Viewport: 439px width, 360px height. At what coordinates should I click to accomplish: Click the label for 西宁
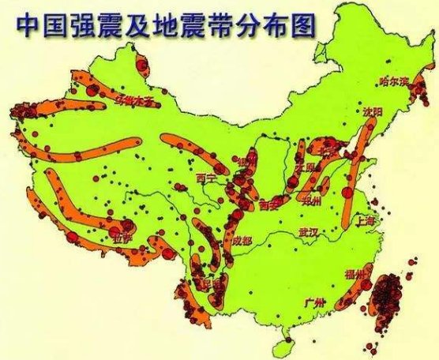206,178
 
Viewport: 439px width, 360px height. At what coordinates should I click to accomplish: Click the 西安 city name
268,204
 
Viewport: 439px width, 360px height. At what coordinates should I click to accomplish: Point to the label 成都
242,240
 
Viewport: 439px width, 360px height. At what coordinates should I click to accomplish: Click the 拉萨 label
122,236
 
